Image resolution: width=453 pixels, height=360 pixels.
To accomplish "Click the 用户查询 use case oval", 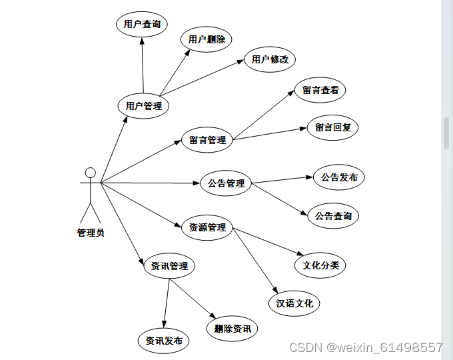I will click(x=142, y=25).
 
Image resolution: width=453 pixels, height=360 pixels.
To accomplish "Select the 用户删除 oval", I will click(x=206, y=39).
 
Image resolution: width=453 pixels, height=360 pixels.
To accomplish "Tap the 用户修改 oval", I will click(x=270, y=59).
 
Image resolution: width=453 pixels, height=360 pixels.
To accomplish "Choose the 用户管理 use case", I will click(x=143, y=105).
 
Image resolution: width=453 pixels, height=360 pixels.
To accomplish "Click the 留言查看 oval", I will click(x=320, y=90).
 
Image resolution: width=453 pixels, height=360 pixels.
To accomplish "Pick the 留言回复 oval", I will click(x=332, y=127).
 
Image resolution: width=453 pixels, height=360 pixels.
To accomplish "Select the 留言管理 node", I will click(x=207, y=140).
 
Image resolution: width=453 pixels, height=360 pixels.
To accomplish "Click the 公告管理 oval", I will click(x=226, y=183).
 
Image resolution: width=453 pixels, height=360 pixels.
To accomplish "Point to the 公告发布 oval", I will click(x=339, y=177).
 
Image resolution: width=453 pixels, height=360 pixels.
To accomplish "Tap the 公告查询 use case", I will click(x=333, y=216).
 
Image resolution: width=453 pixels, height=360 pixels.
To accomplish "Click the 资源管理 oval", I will click(x=207, y=227).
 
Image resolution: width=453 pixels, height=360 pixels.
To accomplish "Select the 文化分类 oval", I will click(x=320, y=265).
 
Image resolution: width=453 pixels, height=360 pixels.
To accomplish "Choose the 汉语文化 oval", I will click(x=294, y=303).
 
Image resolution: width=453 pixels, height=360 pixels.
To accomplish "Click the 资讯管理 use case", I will click(x=169, y=266).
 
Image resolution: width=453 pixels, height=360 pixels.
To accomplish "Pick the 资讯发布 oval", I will click(x=163, y=341).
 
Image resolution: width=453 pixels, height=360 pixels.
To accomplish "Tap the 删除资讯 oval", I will click(x=232, y=328).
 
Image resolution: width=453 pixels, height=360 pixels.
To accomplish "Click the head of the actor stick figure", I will click(x=91, y=173).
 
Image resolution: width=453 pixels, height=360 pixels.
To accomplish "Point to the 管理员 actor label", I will click(x=91, y=233).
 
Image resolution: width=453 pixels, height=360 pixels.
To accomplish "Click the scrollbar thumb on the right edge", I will click(x=446, y=133).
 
